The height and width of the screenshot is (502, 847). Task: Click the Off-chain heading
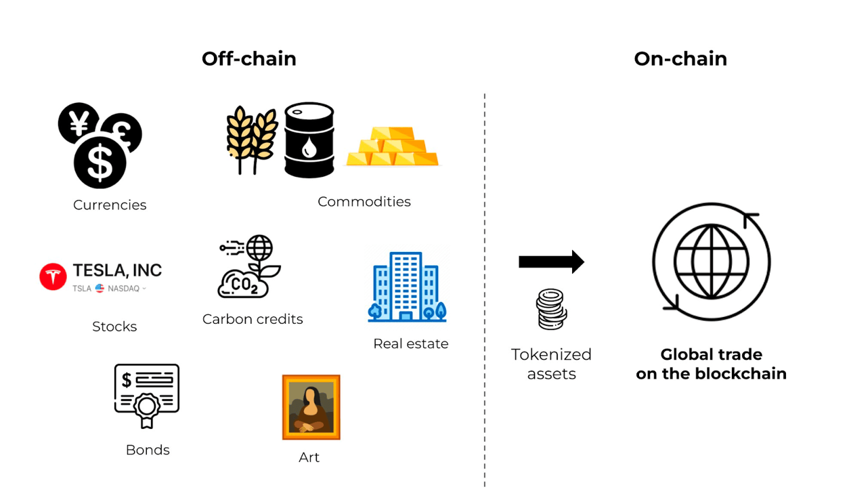248,59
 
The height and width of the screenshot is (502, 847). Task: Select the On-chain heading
680,59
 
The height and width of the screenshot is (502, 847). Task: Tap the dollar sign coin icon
100,163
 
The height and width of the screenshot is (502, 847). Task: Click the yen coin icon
79,123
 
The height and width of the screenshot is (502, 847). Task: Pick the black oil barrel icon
309,140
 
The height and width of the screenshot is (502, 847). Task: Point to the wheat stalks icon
251,139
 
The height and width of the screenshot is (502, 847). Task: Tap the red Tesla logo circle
53,276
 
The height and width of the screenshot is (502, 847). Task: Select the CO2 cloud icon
242,284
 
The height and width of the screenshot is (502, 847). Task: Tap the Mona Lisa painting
311,407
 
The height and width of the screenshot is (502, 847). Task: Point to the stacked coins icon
550,309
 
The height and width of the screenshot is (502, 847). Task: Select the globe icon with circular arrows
711,262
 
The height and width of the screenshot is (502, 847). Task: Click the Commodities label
364,201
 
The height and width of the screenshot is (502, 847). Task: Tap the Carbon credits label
253,319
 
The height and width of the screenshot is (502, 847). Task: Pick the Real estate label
410,343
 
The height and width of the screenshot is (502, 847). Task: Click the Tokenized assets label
551,364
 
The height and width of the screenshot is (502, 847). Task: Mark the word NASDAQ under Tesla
123,289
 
